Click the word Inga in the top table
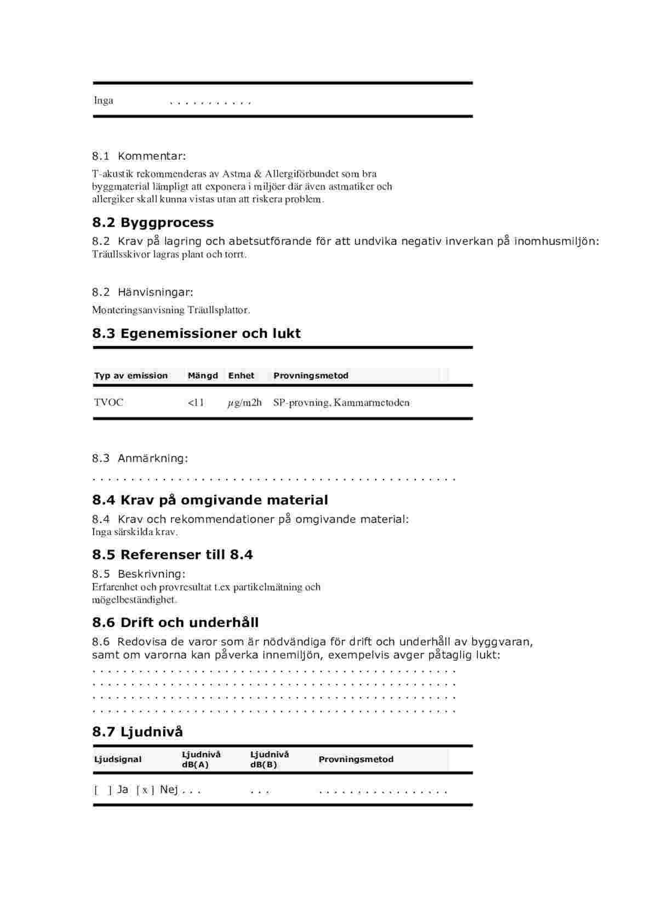click(x=104, y=100)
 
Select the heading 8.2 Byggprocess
click(x=153, y=222)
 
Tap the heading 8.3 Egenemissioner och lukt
click(x=196, y=333)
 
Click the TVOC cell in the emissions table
click(x=108, y=402)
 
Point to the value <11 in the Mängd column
click(x=196, y=402)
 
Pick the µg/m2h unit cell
click(x=244, y=403)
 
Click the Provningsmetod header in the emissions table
click(x=311, y=376)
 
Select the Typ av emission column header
click(x=131, y=376)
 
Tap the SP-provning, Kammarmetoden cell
click(x=341, y=402)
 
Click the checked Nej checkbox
click(x=145, y=790)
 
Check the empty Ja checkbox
click(x=102, y=790)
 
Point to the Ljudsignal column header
click(x=118, y=759)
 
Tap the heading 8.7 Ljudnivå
click(x=138, y=731)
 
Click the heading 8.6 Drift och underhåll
click(x=175, y=623)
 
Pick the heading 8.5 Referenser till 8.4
click(x=173, y=555)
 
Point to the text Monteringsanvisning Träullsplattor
click(x=171, y=310)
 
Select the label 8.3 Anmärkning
click(x=140, y=458)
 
